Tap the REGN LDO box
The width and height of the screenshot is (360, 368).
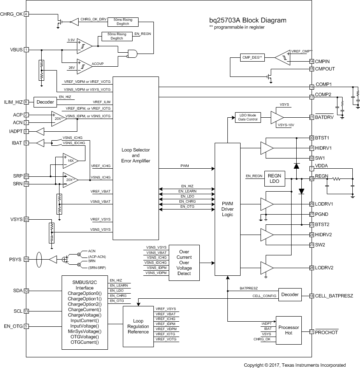275,178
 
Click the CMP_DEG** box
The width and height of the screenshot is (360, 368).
252,57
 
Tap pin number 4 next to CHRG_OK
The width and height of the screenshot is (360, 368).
27,14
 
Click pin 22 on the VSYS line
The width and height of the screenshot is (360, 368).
27,219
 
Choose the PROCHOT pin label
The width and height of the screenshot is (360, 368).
326,332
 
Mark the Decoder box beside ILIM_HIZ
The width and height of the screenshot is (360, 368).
45,102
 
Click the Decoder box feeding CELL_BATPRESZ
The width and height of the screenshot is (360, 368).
290,294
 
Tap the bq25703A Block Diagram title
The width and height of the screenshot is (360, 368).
247,20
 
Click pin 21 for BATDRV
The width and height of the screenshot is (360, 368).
312,117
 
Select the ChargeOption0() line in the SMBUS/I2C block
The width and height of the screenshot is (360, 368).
85,294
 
